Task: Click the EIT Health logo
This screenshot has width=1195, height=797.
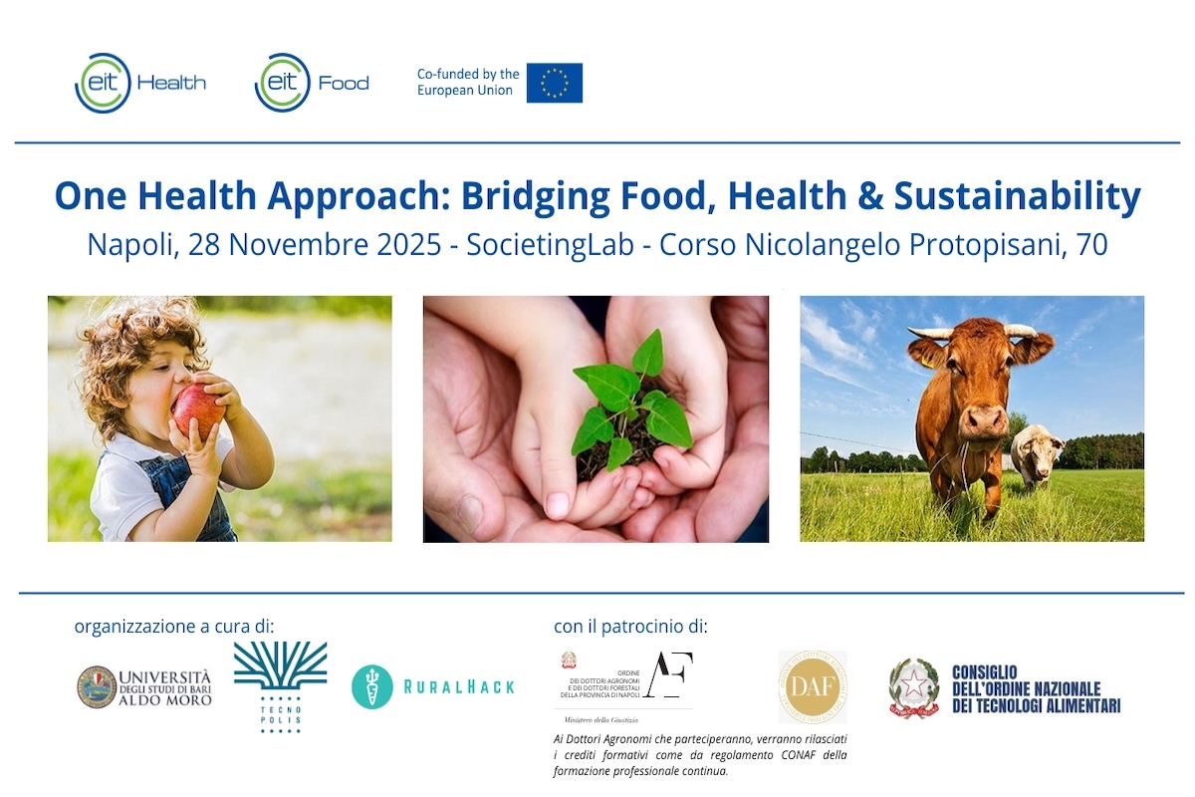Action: pos(140,83)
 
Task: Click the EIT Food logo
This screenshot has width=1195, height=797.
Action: pos(312,83)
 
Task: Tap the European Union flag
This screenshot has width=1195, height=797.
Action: pos(554,83)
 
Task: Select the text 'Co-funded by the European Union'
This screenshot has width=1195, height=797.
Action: pos(468,83)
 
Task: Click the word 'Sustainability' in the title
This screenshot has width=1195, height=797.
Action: pos(1017,196)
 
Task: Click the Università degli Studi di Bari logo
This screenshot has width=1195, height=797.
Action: pos(144,686)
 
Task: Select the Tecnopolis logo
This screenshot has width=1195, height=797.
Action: pos(280,686)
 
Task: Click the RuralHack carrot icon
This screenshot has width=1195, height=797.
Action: pos(372,686)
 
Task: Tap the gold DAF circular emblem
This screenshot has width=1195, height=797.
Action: pos(813,686)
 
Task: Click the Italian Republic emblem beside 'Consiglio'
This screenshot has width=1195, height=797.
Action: pos(913,688)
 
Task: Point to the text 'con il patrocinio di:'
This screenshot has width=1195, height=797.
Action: pos(630,627)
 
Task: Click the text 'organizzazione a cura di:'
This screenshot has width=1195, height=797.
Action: pos(173,627)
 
